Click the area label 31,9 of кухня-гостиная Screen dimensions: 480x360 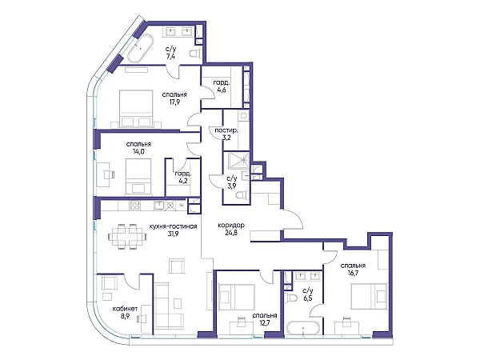pyautogui.click(x=174, y=234)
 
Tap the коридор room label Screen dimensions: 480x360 pyautogui.click(x=231, y=226)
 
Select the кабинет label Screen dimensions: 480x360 pyautogui.click(x=125, y=309)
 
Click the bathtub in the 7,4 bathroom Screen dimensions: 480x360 pyautogui.click(x=140, y=49)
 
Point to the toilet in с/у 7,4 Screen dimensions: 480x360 pyautogui.click(x=195, y=54)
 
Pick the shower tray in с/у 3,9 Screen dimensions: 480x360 pyautogui.click(x=240, y=160)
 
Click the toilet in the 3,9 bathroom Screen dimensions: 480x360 pyautogui.click(x=245, y=195)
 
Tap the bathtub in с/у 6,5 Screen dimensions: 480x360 pyautogui.click(x=304, y=329)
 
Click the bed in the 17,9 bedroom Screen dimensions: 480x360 pyautogui.click(x=136, y=108)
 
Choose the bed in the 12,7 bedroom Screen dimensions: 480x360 pyautogui.click(x=236, y=297)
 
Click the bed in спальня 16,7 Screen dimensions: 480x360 pyautogui.click(x=369, y=296)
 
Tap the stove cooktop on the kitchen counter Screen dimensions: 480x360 pyautogui.click(x=135, y=206)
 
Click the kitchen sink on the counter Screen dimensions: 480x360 pyautogui.click(x=159, y=205)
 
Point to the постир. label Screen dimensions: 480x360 pyautogui.click(x=226, y=130)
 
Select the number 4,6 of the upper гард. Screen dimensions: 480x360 pyautogui.click(x=222, y=90)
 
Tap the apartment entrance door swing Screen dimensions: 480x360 pyautogui.click(x=292, y=219)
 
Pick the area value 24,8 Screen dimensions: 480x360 pyautogui.click(x=231, y=233)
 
